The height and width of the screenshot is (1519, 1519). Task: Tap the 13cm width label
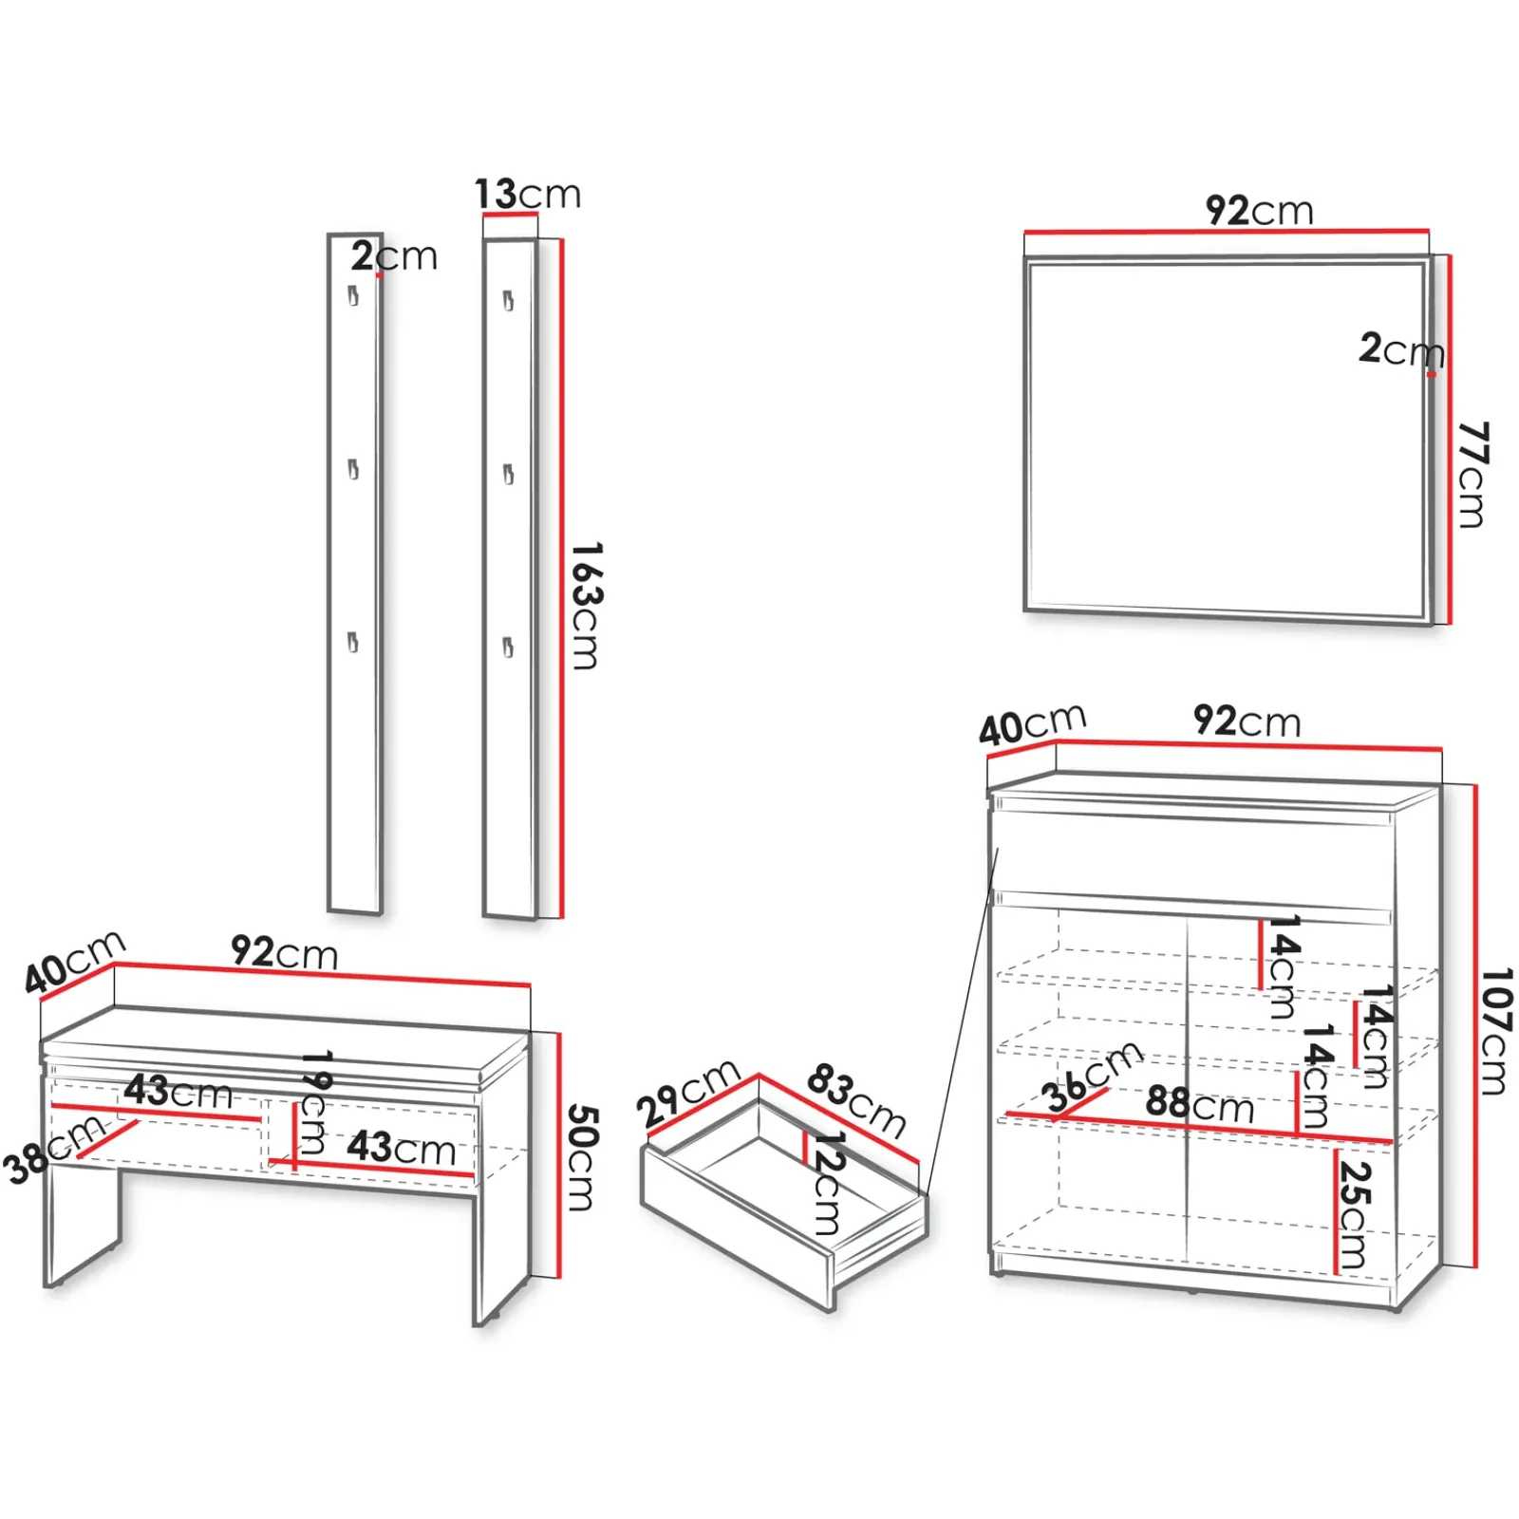click(x=527, y=195)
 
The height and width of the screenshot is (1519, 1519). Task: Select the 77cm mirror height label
click(x=1472, y=474)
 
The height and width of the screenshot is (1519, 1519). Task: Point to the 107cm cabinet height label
click(x=1495, y=1031)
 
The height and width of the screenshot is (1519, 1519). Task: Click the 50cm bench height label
click(x=581, y=1157)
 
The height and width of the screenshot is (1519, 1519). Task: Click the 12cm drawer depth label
click(x=827, y=1183)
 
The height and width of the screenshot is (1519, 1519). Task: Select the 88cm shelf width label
click(x=1199, y=1105)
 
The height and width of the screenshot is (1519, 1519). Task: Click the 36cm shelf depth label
click(x=1093, y=1077)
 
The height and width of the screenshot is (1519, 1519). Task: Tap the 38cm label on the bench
click(x=53, y=1149)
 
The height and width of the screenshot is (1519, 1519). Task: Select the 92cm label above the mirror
click(x=1259, y=211)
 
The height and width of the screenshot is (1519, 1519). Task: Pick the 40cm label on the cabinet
click(x=1032, y=725)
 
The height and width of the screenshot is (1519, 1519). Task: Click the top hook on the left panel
click(x=353, y=295)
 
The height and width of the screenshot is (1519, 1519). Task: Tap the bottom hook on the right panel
click(x=508, y=647)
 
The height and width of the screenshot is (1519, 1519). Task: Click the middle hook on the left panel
click(x=353, y=469)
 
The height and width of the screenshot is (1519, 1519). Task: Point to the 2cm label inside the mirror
click(x=1399, y=350)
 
